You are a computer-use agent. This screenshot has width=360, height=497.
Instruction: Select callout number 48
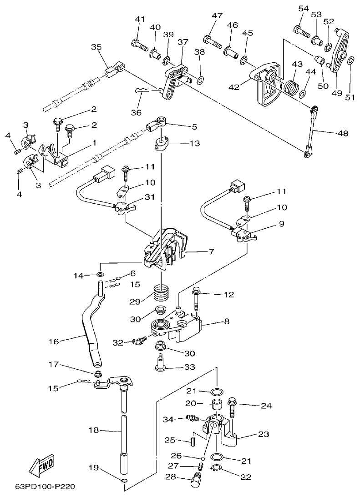(x=342, y=133)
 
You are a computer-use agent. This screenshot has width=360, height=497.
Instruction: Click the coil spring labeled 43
(x=289, y=85)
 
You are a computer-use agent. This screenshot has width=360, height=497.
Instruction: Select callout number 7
(x=212, y=251)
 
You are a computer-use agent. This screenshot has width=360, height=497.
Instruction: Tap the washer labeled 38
(x=200, y=81)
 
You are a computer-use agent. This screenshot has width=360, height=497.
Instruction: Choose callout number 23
(x=263, y=434)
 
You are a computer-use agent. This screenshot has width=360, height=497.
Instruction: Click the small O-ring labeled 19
(x=124, y=481)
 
